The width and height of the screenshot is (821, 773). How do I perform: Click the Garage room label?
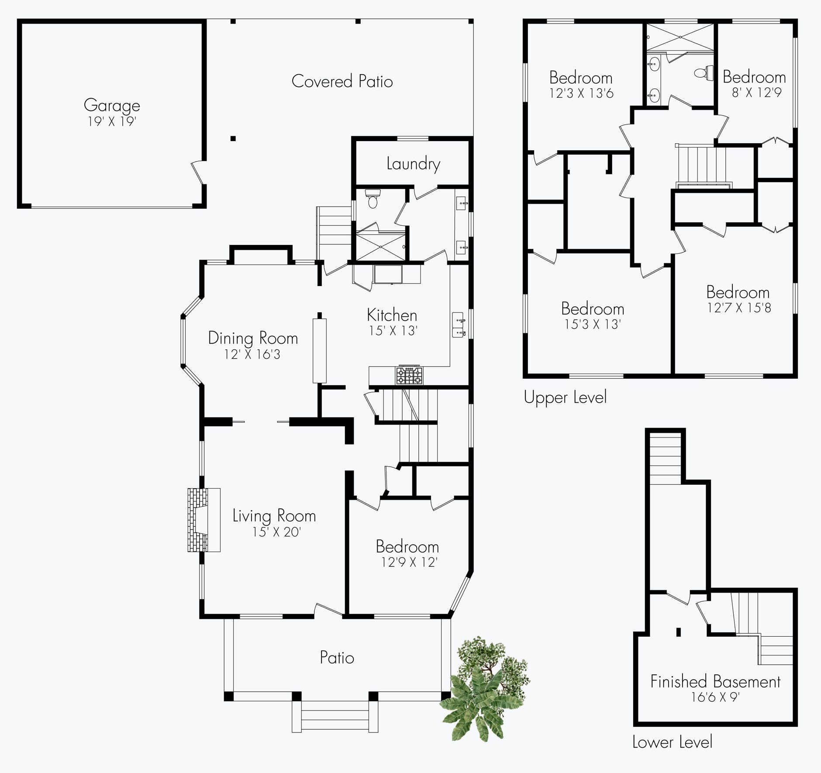[112, 106]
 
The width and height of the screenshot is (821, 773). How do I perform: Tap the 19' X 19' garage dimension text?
[112, 121]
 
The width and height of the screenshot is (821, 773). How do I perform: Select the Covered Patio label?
[342, 81]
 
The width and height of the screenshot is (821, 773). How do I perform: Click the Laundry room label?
[413, 164]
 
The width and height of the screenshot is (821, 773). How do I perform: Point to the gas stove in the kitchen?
[409, 375]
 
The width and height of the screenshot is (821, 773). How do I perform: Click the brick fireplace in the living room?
[204, 520]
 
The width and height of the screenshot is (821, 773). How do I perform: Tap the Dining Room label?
[253, 338]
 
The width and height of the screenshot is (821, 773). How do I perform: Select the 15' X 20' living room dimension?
[276, 532]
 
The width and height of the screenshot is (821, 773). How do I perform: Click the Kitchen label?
[392, 315]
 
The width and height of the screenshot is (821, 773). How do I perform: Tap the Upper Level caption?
[565, 397]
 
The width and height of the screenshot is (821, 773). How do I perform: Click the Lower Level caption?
[672, 742]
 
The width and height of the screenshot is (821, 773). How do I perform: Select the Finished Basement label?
[715, 681]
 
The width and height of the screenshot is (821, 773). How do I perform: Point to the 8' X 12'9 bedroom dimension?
[756, 93]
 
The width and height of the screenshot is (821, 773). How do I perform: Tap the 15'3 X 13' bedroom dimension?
[593, 324]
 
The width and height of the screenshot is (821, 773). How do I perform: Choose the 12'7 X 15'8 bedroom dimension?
[739, 308]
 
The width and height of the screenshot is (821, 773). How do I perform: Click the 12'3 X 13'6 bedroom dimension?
[581, 93]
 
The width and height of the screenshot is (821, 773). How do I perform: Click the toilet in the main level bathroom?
[373, 199]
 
